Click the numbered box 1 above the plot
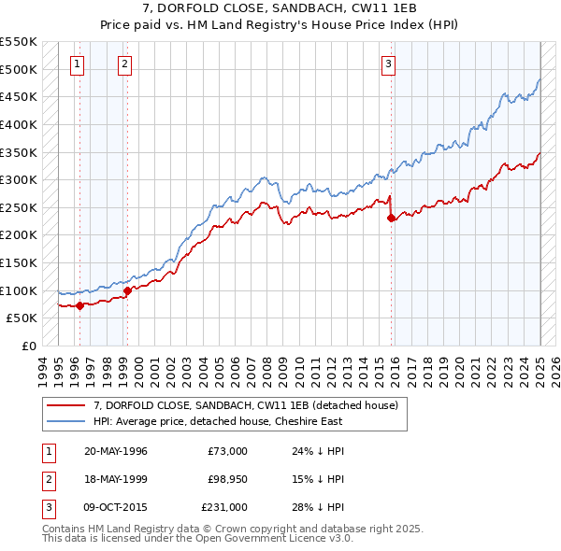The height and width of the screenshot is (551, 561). (x=77, y=64)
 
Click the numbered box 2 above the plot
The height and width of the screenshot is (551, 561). (x=125, y=64)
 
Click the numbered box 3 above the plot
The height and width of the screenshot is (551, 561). (x=387, y=64)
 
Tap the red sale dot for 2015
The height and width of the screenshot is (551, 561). (x=391, y=218)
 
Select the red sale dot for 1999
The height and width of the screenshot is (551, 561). (x=127, y=290)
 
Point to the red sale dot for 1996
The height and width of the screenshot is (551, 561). (x=79, y=304)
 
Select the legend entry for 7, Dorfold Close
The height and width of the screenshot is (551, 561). (x=246, y=405)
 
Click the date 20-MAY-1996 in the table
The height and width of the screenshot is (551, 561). (x=116, y=451)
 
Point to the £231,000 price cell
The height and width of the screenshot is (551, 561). (x=223, y=507)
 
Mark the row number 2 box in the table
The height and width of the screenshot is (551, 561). (x=47, y=479)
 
